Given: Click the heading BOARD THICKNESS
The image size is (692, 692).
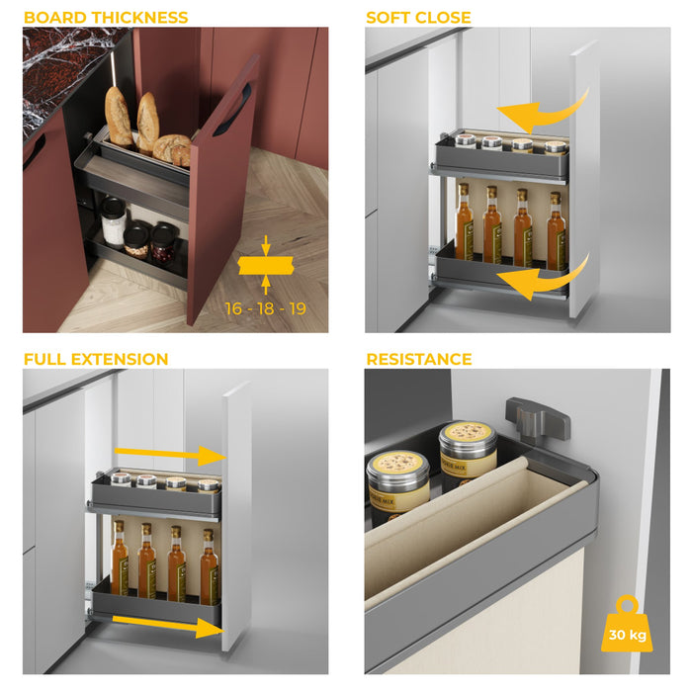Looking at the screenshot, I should tap(106, 18).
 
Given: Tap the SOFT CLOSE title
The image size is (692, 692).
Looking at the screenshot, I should tap(418, 18).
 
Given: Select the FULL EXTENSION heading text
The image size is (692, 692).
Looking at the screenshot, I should tap(96, 359).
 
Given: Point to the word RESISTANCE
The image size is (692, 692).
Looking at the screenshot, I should tap(419, 359).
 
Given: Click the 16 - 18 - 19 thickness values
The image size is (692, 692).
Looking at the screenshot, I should tap(265, 308).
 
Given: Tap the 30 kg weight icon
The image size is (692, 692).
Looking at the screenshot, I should tap(627, 626).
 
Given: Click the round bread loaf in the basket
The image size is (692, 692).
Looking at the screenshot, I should tap(173, 149).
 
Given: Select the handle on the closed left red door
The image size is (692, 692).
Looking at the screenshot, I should tap(35, 150).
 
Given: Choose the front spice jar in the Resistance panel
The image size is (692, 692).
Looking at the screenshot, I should tap(397, 484).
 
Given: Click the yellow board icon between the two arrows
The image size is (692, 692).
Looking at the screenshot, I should tap(265, 266).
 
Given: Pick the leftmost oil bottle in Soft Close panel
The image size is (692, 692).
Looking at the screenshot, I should tap(464, 222).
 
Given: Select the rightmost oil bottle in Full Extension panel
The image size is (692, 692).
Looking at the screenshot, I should tap(209, 565).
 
